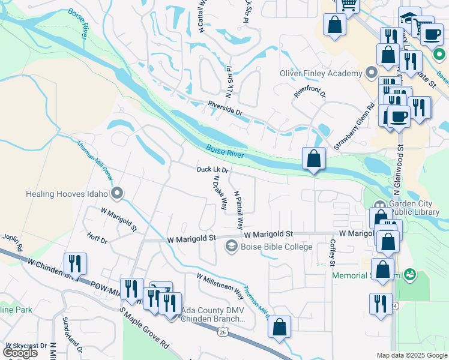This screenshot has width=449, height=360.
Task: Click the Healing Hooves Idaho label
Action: point(66,194)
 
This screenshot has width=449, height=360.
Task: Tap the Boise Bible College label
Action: point(277,247)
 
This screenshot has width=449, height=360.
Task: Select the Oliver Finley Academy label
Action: point(322,74)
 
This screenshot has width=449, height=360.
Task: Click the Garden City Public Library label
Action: point(418,207)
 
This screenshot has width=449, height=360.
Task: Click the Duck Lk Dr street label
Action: point(212,170)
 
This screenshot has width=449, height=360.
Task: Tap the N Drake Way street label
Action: point(220,192)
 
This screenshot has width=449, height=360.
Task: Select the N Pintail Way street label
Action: point(238,210)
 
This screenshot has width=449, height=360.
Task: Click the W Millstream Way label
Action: point(220,285)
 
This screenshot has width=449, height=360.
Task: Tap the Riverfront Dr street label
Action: point(309,94)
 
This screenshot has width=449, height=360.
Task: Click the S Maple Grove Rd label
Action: point(143,329)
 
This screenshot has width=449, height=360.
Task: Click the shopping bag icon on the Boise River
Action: point(313,159)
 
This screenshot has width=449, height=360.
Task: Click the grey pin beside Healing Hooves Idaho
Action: point(118,193)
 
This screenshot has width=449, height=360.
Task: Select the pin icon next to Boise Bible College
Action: point(231,246)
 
